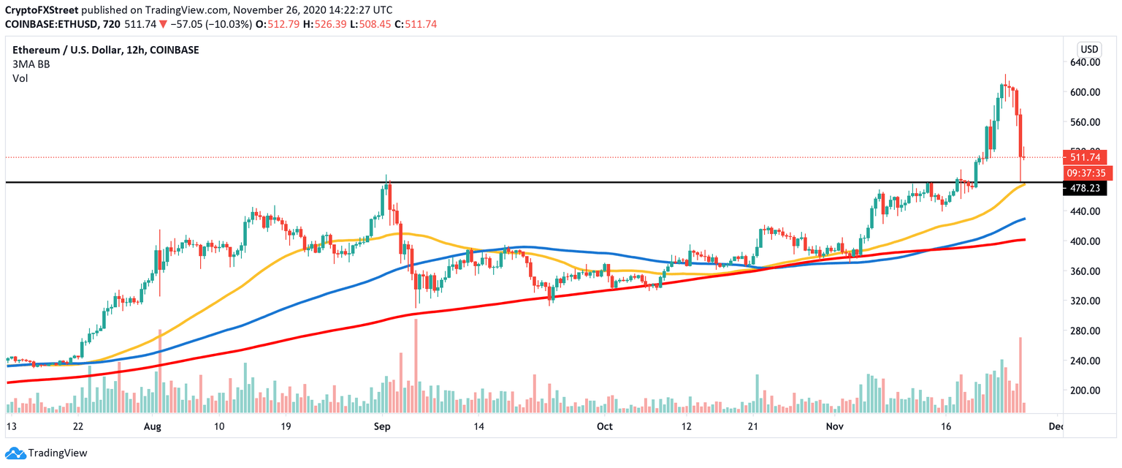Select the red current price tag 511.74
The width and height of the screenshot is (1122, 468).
click(x=1088, y=156)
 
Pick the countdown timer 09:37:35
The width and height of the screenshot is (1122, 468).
click(x=1088, y=173)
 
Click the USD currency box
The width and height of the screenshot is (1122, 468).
click(x=1088, y=49)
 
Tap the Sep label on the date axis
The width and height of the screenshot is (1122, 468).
click(x=381, y=426)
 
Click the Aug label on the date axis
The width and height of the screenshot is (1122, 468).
click(x=152, y=426)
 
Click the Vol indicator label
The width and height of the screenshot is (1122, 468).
click(x=20, y=78)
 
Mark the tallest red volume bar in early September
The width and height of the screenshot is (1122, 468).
click(x=416, y=366)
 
